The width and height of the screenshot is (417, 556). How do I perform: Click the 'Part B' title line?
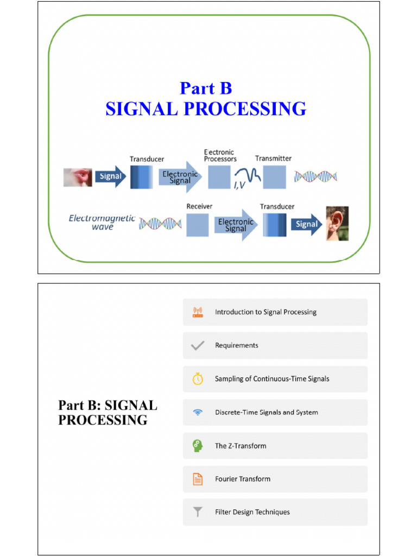click(206, 88)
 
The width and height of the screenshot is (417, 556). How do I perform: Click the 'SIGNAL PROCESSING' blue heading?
click(206, 109)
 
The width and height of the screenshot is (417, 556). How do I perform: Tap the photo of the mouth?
click(78, 177)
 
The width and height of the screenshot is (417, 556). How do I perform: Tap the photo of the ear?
click(337, 223)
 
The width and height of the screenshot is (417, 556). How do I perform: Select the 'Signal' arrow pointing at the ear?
click(306, 224)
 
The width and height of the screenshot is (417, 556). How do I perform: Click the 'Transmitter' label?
click(273, 159)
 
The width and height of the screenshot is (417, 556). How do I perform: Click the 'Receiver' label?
click(199, 206)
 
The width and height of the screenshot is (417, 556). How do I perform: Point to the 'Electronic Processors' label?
click(220, 155)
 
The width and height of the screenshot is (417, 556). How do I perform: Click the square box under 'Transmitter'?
click(275, 178)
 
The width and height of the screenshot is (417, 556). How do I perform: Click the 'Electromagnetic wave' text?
click(102, 222)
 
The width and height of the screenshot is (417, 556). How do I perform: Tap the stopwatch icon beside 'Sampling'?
click(198, 379)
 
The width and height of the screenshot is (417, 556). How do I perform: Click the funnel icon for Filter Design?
click(198, 512)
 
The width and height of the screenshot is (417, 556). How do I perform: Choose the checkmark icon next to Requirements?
click(198, 345)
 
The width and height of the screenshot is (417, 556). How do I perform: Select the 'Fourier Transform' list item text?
click(242, 479)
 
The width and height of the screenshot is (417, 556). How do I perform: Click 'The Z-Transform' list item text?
click(241, 446)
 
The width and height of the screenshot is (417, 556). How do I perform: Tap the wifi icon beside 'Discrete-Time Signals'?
click(198, 412)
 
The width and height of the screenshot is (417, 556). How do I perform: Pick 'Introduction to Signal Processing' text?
click(266, 312)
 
